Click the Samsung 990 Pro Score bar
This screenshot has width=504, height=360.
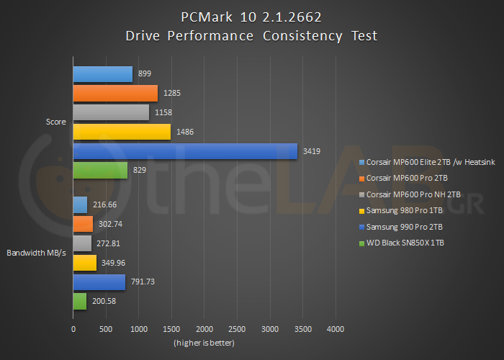[x=185, y=151]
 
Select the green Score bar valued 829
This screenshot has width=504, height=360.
[x=100, y=171]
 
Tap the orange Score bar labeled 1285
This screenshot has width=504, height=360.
[x=115, y=93]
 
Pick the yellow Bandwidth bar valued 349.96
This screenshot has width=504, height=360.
[x=85, y=263]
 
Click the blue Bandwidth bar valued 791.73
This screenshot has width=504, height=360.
[x=99, y=282]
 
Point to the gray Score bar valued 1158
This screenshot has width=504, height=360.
[x=111, y=112]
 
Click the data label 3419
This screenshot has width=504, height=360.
[x=311, y=151]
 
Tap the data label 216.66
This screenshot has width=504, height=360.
[x=102, y=204]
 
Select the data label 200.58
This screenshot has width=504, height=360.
[x=102, y=302]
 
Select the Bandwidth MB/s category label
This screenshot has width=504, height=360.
[x=37, y=253]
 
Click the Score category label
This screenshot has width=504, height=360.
[x=55, y=122]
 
